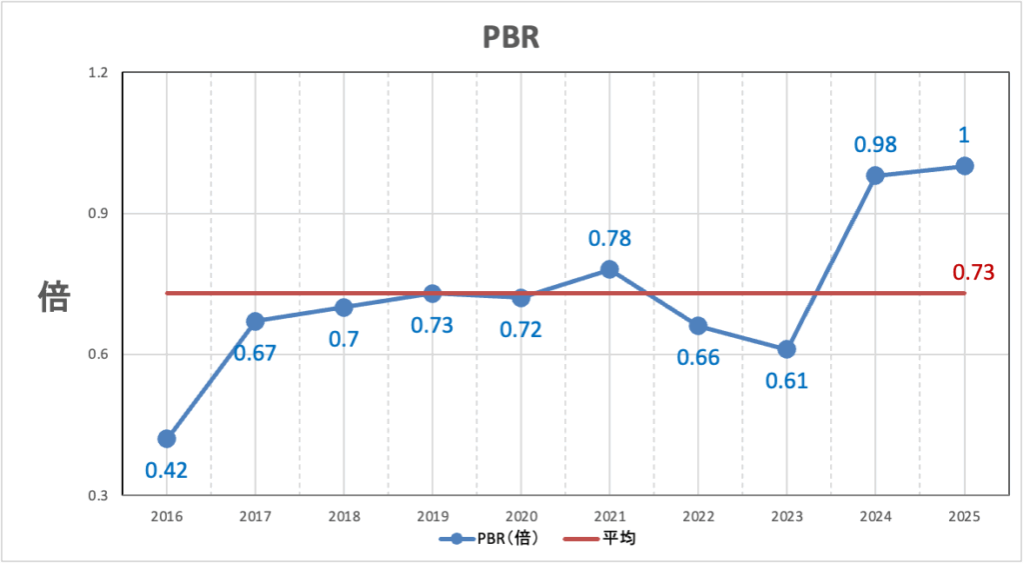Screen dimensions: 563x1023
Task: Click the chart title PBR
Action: (511, 37)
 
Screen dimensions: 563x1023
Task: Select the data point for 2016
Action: (167, 439)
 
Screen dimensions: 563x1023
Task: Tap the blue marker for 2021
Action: (609, 270)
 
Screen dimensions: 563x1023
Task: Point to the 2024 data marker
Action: (875, 176)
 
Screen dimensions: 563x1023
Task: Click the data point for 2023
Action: (786, 350)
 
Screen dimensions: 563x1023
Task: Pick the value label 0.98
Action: (875, 144)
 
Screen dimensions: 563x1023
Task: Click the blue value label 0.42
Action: (167, 470)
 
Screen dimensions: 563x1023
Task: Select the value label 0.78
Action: (609, 238)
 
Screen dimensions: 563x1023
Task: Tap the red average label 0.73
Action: (973, 271)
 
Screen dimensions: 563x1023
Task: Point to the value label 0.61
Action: (786, 381)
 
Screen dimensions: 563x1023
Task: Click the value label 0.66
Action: (697, 357)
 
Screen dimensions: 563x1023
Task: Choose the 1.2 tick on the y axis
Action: (100, 74)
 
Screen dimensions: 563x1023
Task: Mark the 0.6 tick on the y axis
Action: (100, 355)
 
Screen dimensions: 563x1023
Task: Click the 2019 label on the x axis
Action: (433, 515)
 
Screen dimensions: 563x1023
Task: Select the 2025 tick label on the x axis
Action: (964, 515)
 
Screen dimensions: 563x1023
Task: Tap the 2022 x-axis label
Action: (698, 515)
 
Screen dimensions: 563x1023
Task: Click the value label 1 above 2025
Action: (964, 135)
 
